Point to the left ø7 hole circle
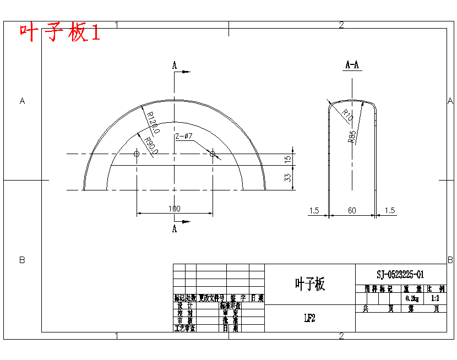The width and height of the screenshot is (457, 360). point(137,154)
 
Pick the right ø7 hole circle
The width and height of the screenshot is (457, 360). point(213,154)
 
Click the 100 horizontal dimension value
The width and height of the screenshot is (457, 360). point(174,209)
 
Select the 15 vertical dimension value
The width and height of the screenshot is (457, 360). point(287,159)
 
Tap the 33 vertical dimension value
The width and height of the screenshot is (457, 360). point(287,177)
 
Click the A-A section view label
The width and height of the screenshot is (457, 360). point(352,65)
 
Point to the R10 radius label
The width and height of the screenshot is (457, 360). point(346,116)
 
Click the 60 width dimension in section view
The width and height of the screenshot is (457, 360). point(352,210)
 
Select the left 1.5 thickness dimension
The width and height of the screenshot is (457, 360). point(314,210)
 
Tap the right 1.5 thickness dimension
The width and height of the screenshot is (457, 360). point(390,210)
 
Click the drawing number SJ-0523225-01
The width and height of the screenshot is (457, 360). point(400,274)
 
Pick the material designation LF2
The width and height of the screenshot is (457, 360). point(309,318)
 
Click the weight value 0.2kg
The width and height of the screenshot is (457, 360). point(412,298)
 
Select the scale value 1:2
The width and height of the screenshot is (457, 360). point(436,298)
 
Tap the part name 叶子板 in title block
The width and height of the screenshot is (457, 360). point(310,284)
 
